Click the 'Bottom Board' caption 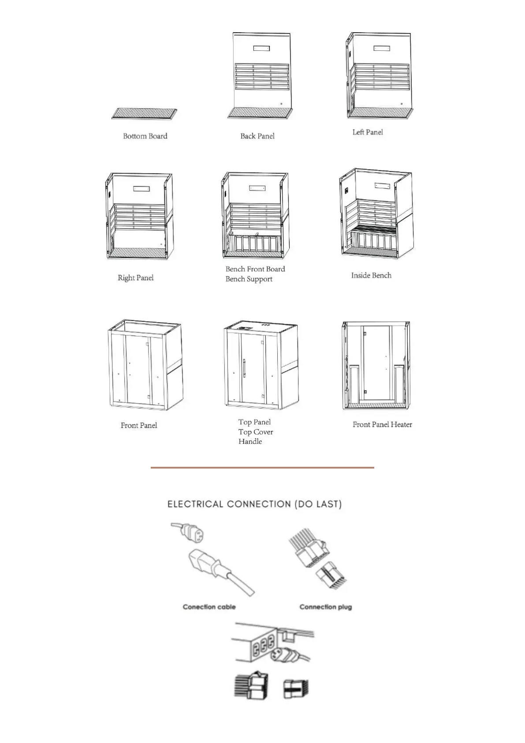pos(145,136)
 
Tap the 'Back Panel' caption pos(257,136)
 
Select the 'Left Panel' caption pos(368,132)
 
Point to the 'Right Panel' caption pos(135,278)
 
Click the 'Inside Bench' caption pos(371,275)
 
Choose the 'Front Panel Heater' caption pos(382,424)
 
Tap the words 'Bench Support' pos(249,279)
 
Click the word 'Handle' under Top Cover pos(250,441)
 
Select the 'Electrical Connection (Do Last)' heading pos(254,504)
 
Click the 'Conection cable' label pos(209,607)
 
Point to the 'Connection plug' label pos(325,607)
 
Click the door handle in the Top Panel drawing pos(244,368)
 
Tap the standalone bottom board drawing pos(145,114)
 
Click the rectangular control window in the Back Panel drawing pos(261,48)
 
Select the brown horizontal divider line pos(262,467)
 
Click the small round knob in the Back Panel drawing pos(281,104)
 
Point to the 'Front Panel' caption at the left pos(138,425)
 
